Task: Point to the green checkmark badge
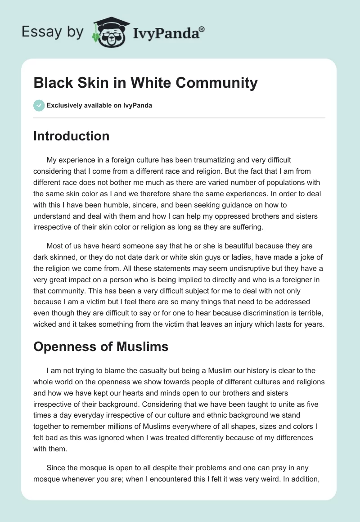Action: (39, 105)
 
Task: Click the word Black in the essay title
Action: (52, 83)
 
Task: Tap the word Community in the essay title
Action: (214, 83)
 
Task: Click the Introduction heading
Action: (71, 136)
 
